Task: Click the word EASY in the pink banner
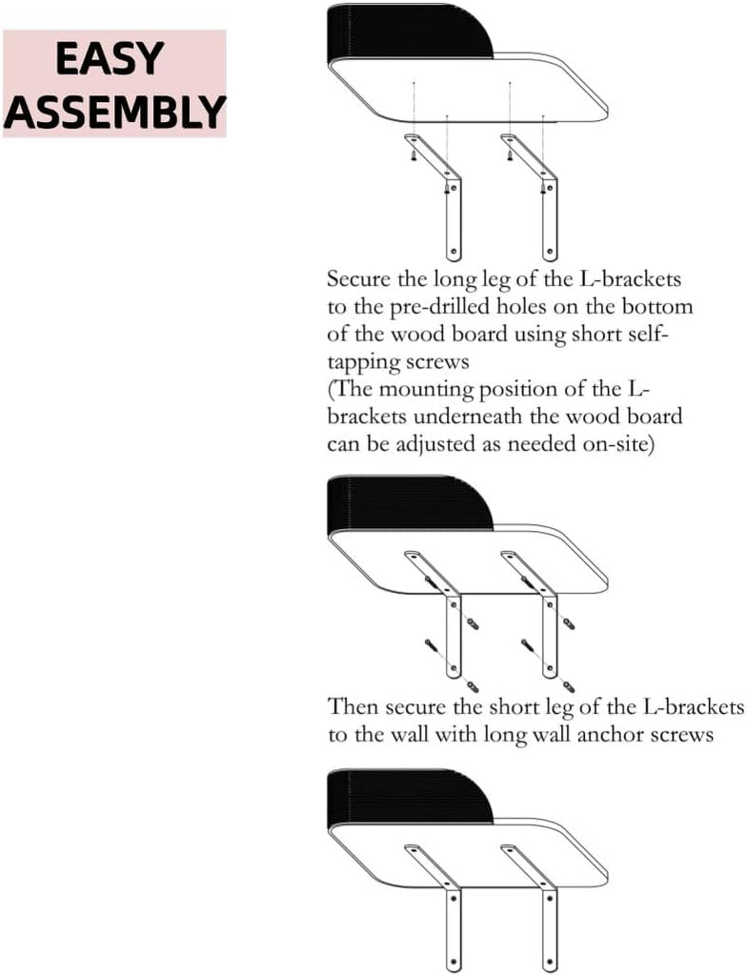pos(110,58)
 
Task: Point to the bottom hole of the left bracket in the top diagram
pos(454,252)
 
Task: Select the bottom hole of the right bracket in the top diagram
pos(549,252)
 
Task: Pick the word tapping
pos(363,362)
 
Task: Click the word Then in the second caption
pos(353,706)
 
